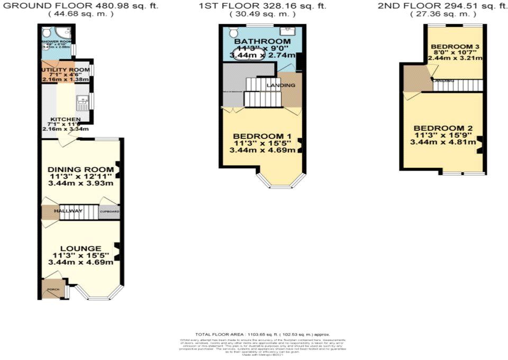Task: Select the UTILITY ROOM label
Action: [66, 69]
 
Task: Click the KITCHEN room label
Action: [65, 119]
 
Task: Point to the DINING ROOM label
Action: [80, 169]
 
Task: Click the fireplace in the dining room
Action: [117, 168]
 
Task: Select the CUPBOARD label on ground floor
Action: [110, 212]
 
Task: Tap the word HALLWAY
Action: [71, 212]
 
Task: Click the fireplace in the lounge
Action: [117, 252]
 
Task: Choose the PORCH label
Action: [53, 290]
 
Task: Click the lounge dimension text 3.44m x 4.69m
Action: [80, 262]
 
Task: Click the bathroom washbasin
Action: [290, 31]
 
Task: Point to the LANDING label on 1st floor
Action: [280, 85]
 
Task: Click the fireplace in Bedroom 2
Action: [479, 145]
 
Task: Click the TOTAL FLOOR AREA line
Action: [262, 335]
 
